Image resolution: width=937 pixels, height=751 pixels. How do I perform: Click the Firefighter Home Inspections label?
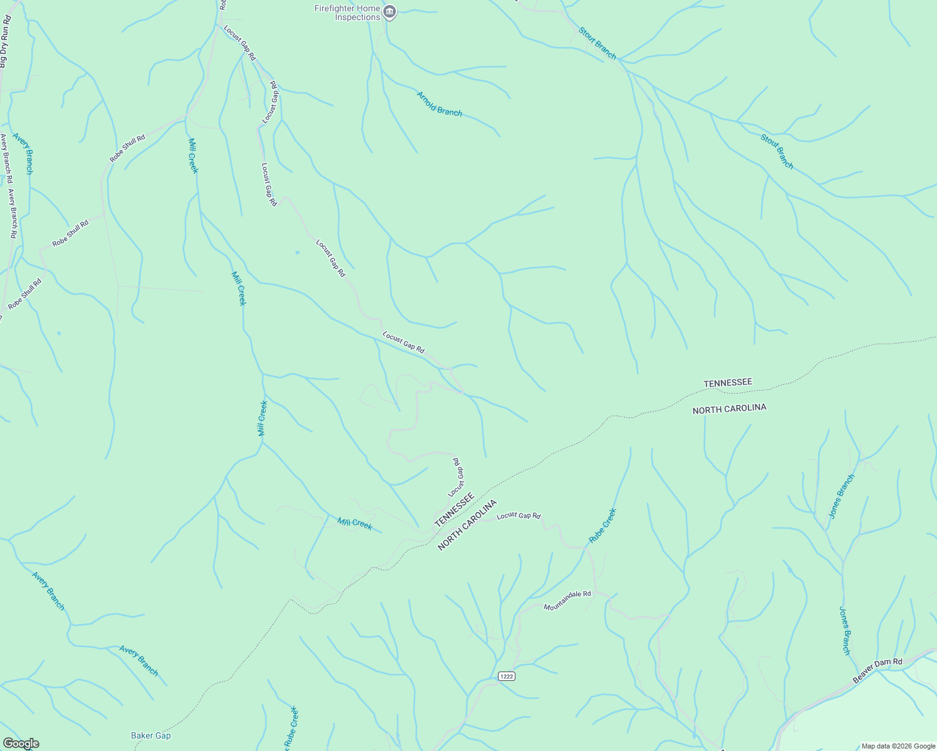coord(348,13)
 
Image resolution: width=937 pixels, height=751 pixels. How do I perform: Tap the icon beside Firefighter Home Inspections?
coord(390,12)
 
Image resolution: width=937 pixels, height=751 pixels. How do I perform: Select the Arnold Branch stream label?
coord(440,104)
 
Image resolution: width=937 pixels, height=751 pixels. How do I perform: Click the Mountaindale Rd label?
coord(567,600)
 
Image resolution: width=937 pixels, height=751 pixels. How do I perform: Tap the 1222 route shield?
coord(507,677)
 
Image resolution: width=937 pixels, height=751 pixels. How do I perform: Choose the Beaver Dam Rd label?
coord(877,670)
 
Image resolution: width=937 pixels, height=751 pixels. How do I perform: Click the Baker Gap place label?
coord(150,735)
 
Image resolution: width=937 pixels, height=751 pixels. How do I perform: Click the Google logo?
coord(20,743)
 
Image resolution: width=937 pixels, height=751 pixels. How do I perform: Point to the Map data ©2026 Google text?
coord(898,746)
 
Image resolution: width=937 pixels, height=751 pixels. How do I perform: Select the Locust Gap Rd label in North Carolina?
coord(519,516)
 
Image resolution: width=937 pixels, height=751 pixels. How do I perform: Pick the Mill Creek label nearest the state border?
coord(355,523)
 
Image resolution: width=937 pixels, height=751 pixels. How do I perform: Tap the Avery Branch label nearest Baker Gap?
coord(138,660)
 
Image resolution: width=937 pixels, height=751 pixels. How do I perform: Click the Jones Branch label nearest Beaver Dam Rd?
coord(845,630)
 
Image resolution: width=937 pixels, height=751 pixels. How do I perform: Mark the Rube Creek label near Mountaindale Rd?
coord(603,525)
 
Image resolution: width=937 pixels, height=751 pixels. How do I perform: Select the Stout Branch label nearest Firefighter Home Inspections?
coord(597,43)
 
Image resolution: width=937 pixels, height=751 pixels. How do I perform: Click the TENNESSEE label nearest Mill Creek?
coord(454,509)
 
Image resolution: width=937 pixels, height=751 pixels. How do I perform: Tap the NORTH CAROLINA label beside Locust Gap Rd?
coord(467,524)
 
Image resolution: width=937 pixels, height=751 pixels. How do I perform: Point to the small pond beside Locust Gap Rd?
coord(298,253)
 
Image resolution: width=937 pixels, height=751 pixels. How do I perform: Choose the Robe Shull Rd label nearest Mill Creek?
coord(127,148)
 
